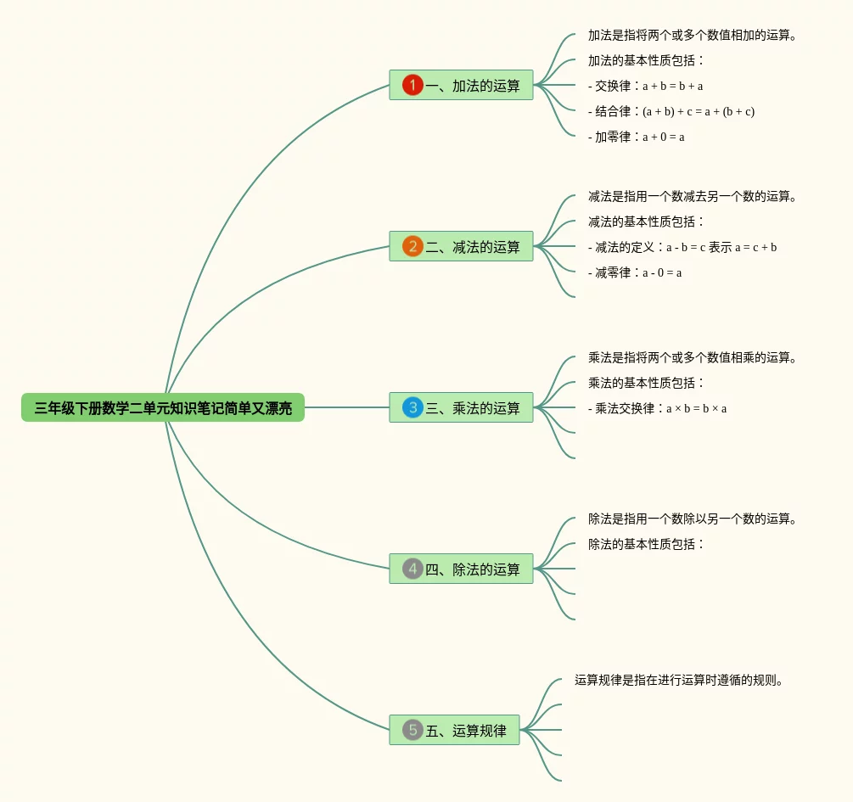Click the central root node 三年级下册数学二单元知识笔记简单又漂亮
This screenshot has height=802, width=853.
(163, 408)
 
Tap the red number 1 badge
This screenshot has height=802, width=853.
(412, 85)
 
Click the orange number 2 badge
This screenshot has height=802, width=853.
(412, 247)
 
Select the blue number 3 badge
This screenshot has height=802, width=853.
(412, 407)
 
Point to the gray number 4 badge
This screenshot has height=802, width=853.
(412, 569)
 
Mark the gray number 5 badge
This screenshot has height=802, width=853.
(412, 730)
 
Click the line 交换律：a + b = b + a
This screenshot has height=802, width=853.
(646, 86)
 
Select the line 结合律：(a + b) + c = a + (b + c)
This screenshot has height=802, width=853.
(671, 111)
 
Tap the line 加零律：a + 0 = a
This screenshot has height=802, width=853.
(637, 137)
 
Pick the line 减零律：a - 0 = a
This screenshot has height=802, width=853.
(635, 272)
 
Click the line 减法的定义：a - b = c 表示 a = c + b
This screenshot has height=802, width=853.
(682, 247)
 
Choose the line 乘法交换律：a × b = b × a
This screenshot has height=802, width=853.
(658, 408)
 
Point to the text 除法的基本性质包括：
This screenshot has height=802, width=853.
(647, 544)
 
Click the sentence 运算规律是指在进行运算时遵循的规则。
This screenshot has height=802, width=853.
(678, 680)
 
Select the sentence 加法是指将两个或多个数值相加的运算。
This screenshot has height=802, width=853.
(693, 35)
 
